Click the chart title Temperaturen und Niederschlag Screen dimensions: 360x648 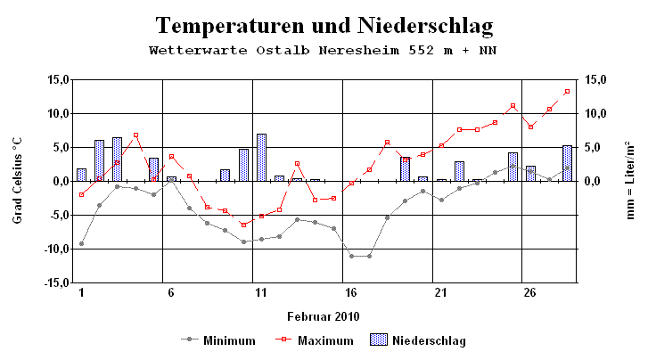coord(324,24)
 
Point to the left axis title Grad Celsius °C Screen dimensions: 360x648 coord(17,181)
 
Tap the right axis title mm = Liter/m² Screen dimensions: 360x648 coord(630,181)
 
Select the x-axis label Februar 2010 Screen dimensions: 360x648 coord(324,316)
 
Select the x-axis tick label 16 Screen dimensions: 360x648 coord(351,292)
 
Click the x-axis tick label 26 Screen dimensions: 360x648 coord(530,292)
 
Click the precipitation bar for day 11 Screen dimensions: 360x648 coord(261,158)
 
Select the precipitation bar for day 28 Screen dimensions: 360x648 coord(567,163)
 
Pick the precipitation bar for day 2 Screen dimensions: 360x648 coord(99,160)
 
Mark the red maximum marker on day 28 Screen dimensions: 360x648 coord(567,91)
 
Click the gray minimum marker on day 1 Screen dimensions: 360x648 coord(81,243)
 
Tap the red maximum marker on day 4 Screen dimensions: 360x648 coord(135,135)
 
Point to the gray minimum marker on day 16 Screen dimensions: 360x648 coord(351,256)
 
